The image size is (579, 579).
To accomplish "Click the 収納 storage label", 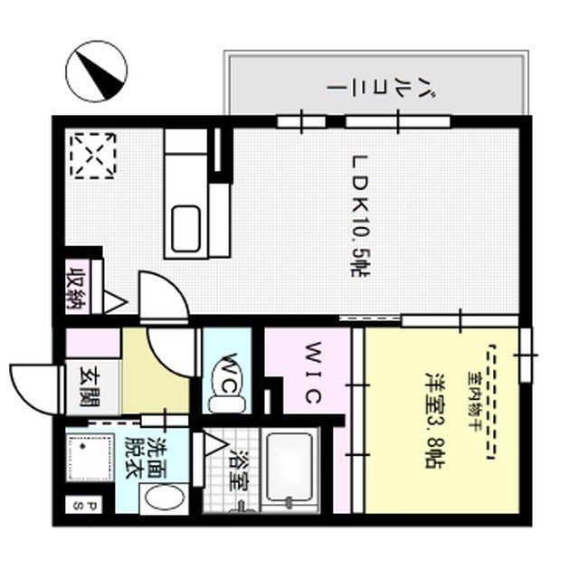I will [77, 288].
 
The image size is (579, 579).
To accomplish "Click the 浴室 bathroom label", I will [239, 471].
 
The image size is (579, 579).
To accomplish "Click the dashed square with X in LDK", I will [94, 155].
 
